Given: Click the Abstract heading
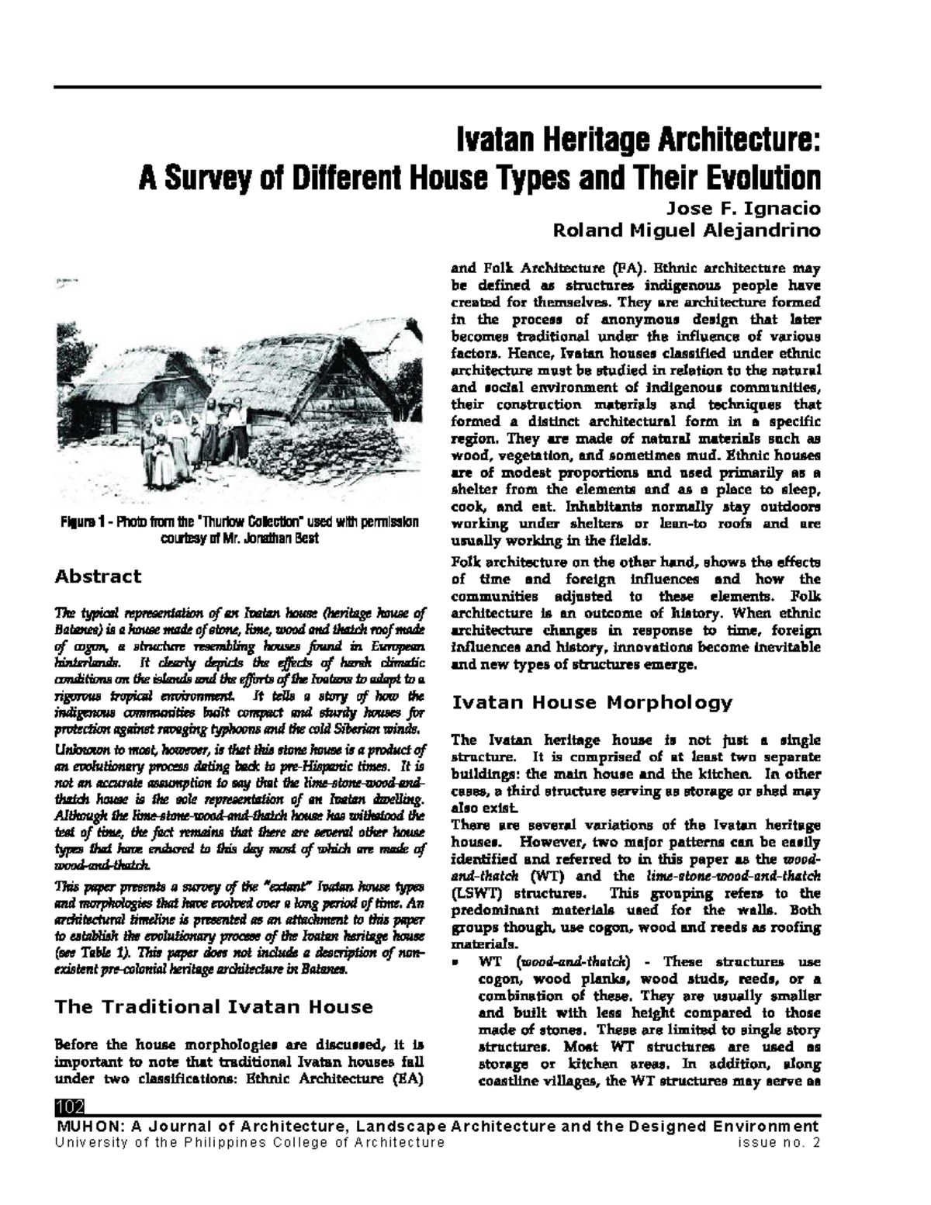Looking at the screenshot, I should [x=97, y=576].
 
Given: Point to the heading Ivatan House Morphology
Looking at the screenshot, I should [x=591, y=703].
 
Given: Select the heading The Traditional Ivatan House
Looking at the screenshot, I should [x=213, y=1007].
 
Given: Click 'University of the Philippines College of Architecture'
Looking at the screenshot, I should [x=248, y=1142].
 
